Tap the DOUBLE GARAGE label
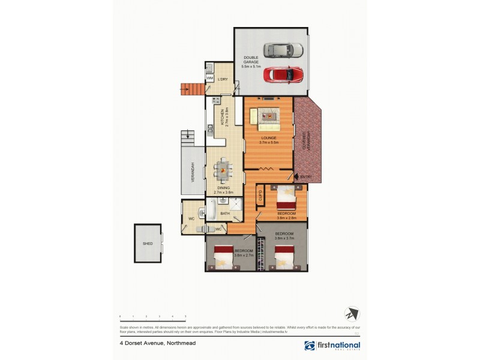(251, 61)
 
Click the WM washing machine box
(210, 79)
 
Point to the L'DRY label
(223, 79)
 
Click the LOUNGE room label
(268, 139)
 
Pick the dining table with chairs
(223, 169)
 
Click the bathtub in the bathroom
(212, 209)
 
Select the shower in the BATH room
(238, 207)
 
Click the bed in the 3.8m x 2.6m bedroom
(286, 195)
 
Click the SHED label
(147, 244)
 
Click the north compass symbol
(352, 314)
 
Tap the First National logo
(332, 345)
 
